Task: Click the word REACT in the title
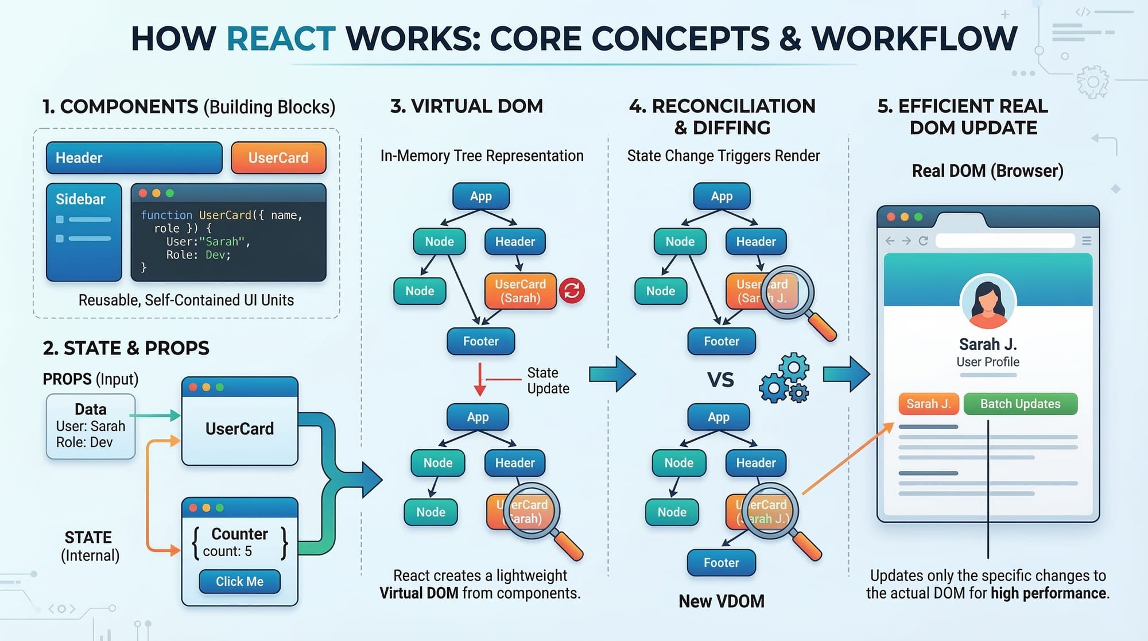(x=281, y=38)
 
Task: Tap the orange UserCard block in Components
(x=278, y=158)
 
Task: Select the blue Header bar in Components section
(x=134, y=158)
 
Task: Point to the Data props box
(x=91, y=426)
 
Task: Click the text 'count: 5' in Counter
(x=227, y=551)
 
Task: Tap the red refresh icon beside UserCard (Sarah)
(x=572, y=291)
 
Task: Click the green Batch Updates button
(x=1020, y=404)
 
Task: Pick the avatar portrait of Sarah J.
(x=988, y=302)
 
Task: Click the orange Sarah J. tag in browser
(x=928, y=404)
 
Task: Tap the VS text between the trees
(x=720, y=380)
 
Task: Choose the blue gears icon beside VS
(x=785, y=378)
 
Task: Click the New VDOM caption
(x=722, y=601)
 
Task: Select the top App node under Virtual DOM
(x=480, y=196)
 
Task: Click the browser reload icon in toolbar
(x=923, y=241)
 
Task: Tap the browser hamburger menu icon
(x=1086, y=241)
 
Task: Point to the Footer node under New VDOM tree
(x=721, y=563)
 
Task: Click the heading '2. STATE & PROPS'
(x=126, y=348)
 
